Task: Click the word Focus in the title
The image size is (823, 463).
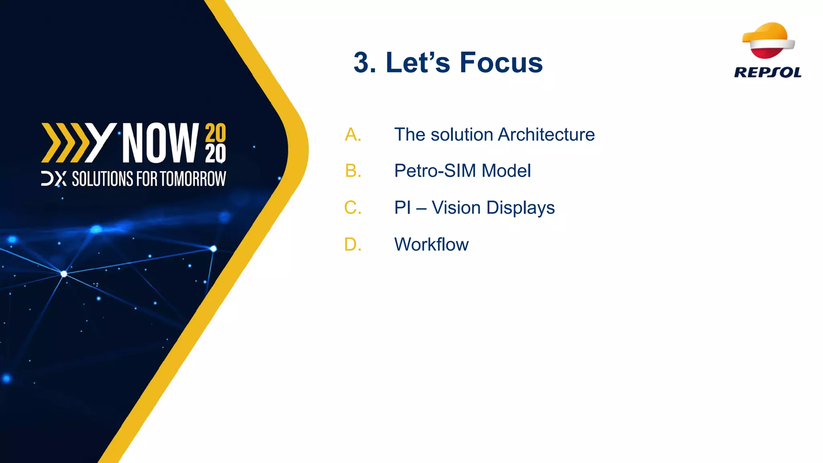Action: (x=501, y=63)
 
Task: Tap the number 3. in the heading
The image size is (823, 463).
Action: (x=364, y=63)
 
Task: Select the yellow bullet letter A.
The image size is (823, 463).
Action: (x=353, y=135)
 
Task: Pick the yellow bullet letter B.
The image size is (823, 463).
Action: (x=353, y=171)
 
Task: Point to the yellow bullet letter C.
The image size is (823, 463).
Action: (x=353, y=208)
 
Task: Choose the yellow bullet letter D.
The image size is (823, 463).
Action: (x=353, y=244)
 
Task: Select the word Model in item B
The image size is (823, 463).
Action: (x=506, y=171)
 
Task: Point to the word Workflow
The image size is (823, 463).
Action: (x=431, y=244)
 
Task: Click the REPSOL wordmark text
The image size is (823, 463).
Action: (x=768, y=73)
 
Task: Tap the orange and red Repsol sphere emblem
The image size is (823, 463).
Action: (x=768, y=40)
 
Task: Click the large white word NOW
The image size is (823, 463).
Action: (x=160, y=143)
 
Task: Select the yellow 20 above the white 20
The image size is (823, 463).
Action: (x=215, y=133)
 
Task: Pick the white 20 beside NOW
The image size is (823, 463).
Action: (x=215, y=154)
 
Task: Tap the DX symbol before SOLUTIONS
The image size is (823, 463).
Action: (x=53, y=179)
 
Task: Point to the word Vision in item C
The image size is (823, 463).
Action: (x=456, y=208)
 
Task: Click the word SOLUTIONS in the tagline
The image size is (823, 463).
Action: (x=102, y=179)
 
